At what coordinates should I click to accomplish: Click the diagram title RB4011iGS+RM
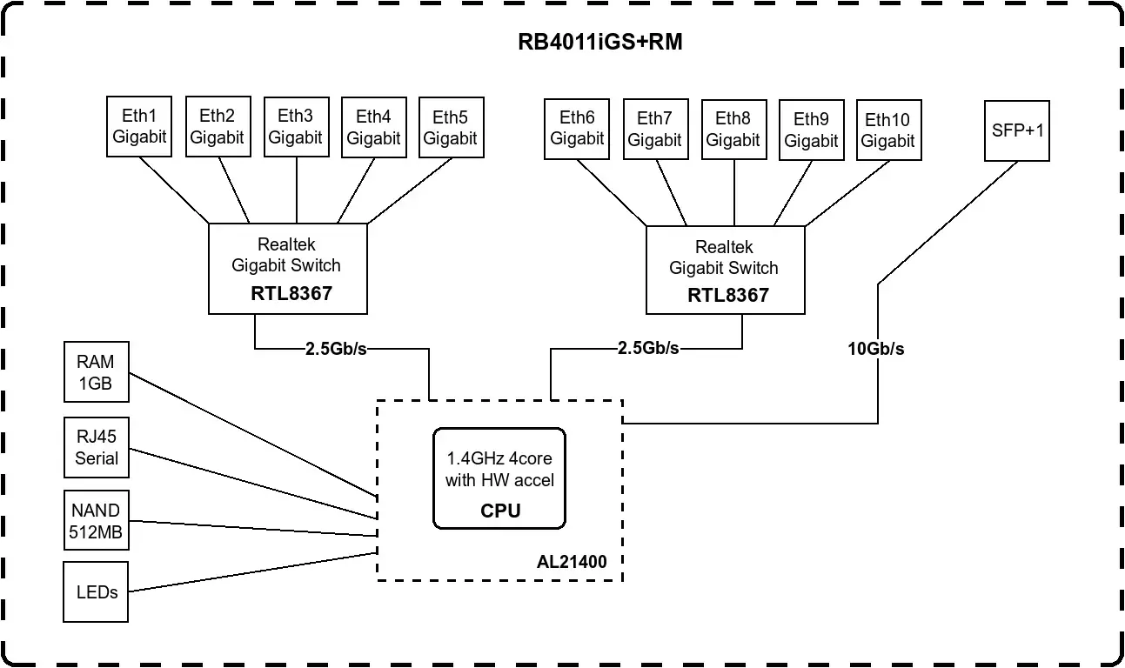(x=599, y=43)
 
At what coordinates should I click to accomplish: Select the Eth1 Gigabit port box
(x=139, y=126)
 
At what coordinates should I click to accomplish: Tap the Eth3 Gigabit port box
(x=295, y=126)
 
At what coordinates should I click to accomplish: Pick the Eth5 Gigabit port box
(x=451, y=126)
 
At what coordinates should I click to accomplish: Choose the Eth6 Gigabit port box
(x=577, y=129)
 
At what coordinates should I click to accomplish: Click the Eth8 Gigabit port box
(x=733, y=129)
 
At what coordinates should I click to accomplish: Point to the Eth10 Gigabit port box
(x=888, y=129)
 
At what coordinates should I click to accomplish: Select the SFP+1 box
(x=1017, y=130)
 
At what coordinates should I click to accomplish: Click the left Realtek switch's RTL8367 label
(x=291, y=293)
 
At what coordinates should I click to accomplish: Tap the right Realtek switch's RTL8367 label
(x=728, y=295)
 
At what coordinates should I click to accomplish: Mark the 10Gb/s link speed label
(x=876, y=350)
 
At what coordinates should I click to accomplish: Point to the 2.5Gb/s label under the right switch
(x=647, y=348)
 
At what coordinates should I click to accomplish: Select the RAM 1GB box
(x=96, y=371)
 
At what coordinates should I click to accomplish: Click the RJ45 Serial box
(x=96, y=447)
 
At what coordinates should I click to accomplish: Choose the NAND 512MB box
(x=96, y=521)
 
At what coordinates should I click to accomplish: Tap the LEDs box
(x=96, y=592)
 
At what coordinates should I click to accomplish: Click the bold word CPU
(x=500, y=511)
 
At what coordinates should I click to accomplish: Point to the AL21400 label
(x=572, y=562)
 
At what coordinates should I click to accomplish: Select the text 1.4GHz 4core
(x=499, y=458)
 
